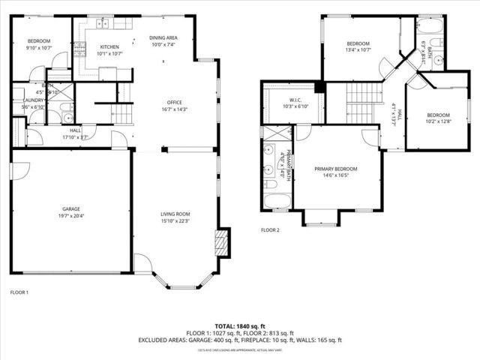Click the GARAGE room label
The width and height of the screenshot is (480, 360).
point(71,208)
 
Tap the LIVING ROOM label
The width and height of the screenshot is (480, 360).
point(175,214)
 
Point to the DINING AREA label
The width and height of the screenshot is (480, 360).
point(163,37)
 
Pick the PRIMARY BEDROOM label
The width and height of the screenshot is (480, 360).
point(335,169)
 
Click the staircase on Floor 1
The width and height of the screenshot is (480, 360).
point(122,113)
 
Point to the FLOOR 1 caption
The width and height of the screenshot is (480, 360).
point(19,292)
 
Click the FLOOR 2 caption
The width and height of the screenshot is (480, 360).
point(270,230)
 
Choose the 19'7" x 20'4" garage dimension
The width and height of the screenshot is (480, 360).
point(71,216)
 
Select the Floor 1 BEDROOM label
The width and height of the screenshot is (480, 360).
point(39,40)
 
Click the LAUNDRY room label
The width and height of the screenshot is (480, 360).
point(33,100)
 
